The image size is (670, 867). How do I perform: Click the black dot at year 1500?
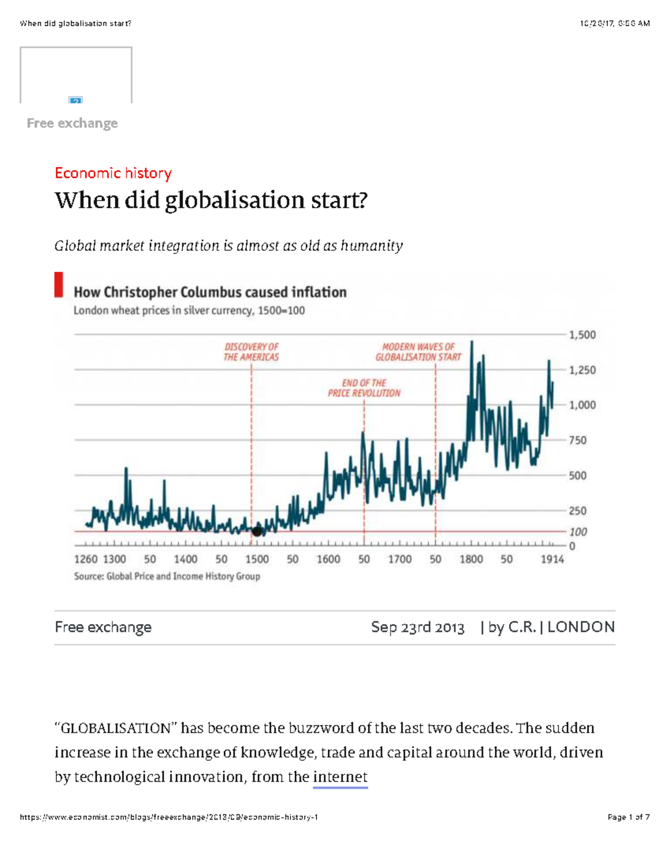[257, 531]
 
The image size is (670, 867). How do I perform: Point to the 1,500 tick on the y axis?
[582, 335]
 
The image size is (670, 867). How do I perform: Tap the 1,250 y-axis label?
[582, 370]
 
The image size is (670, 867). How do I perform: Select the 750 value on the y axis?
[577, 440]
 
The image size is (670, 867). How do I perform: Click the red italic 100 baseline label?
[578, 532]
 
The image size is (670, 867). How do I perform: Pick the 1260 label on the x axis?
[85, 559]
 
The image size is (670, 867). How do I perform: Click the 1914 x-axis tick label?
[552, 559]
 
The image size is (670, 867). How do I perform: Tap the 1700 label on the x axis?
[400, 559]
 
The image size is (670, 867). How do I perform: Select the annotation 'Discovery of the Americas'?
[251, 352]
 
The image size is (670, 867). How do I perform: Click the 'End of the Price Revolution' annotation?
[364, 388]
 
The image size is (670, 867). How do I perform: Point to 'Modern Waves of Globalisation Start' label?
[418, 352]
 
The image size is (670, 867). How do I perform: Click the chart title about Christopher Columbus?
[210, 292]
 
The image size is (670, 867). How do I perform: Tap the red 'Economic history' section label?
[113, 173]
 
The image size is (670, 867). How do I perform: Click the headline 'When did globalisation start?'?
[211, 200]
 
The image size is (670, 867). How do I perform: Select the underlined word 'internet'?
[340, 777]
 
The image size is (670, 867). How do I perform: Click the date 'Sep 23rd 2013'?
[418, 628]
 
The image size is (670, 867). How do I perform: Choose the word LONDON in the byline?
[581, 628]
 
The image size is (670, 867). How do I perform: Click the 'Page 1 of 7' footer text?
[628, 817]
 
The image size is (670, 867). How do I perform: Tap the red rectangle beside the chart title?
[59, 285]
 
